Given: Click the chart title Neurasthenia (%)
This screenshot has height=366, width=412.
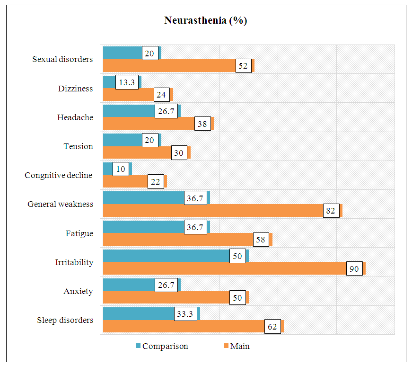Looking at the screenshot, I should click(x=206, y=20).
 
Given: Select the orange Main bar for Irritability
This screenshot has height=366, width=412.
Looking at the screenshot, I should click(x=227, y=268).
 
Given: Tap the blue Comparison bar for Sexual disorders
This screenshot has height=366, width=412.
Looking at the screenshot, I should click(x=123, y=53).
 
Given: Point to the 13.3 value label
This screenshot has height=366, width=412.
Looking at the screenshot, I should click(x=127, y=82).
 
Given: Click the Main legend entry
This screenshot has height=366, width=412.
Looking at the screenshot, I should click(x=239, y=346).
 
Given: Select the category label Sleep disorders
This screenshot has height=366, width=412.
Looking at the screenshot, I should click(x=65, y=320).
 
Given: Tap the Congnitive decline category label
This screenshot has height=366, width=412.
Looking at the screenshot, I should click(x=59, y=176).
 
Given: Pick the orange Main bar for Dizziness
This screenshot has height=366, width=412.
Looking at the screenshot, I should click(x=128, y=94).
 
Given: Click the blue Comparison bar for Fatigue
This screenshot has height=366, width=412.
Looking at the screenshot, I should click(x=142, y=227).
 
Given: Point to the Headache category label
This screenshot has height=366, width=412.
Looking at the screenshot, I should click(x=75, y=117).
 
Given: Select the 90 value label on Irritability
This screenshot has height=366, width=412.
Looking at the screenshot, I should click(x=355, y=269).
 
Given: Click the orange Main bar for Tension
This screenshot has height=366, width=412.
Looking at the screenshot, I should click(x=136, y=152).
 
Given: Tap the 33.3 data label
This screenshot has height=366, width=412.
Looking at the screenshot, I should click(x=186, y=314).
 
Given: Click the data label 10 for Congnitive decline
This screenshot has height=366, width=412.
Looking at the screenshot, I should click(x=121, y=169).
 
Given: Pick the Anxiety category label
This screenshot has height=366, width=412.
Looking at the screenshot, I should click(x=78, y=291).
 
